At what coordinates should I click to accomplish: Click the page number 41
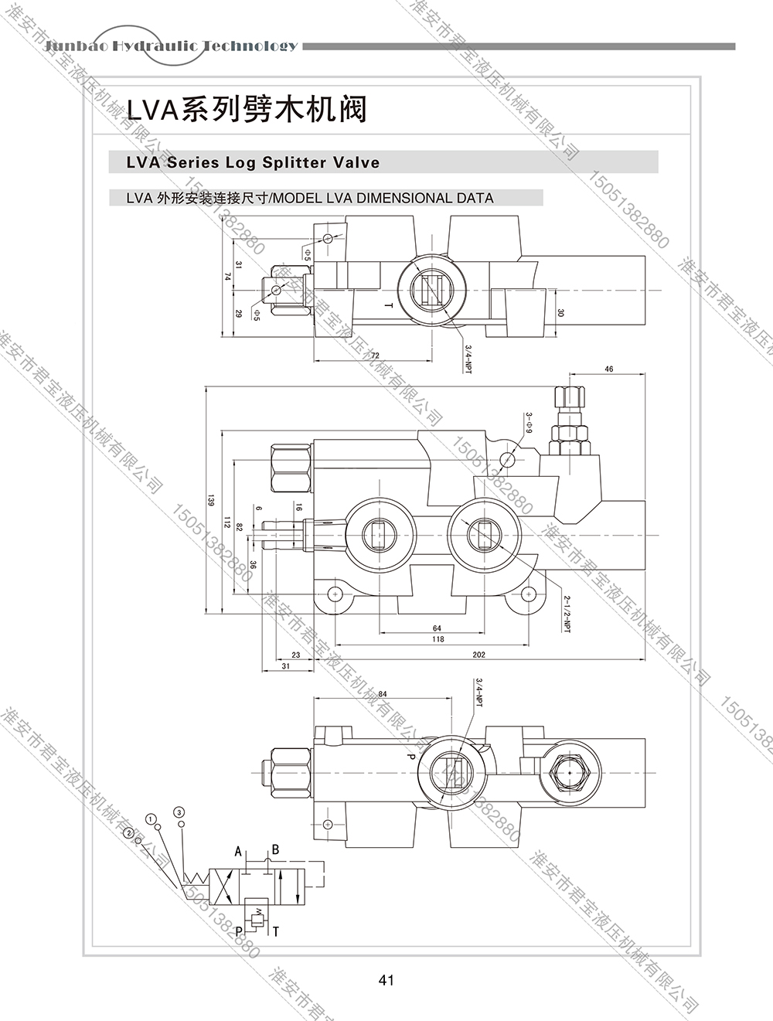tap(386, 980)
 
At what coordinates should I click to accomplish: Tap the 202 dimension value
tap(478, 655)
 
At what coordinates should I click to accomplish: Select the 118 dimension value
tap(438, 639)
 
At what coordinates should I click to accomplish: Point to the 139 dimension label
tap(210, 501)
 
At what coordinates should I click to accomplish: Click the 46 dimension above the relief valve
tap(609, 369)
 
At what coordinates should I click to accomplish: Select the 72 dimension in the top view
tap(376, 355)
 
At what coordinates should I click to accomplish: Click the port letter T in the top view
tap(390, 306)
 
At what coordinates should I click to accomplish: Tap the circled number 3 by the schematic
tap(179, 812)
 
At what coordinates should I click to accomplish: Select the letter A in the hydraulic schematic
tap(239, 852)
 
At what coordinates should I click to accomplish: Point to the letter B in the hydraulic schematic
tap(275, 850)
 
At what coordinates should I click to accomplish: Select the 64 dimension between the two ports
tap(437, 628)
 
